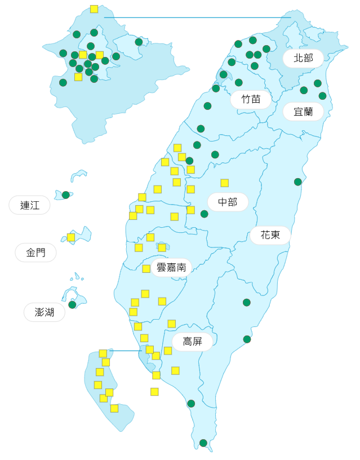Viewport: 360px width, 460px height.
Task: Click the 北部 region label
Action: (303, 58)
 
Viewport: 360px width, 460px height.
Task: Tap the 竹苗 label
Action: (251, 99)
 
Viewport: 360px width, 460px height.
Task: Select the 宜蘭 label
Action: (303, 112)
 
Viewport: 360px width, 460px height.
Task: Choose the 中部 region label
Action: (228, 202)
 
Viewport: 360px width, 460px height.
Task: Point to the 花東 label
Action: (270, 235)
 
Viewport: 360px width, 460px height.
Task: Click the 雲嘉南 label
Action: (171, 267)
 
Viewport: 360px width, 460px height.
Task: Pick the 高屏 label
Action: (192, 342)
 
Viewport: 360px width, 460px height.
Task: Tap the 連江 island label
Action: (29, 205)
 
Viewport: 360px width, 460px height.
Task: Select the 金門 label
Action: (35, 253)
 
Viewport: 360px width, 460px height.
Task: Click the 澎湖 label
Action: (44, 312)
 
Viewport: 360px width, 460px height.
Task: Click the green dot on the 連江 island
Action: (66, 195)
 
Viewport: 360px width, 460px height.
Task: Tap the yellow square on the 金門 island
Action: (71, 237)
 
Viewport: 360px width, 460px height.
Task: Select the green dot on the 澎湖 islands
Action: (72, 305)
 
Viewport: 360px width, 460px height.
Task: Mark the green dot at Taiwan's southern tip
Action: (203, 443)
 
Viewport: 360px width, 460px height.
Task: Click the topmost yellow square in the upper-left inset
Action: (94, 9)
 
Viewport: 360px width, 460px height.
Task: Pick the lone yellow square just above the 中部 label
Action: (225, 183)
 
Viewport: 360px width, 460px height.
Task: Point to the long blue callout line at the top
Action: (197, 17)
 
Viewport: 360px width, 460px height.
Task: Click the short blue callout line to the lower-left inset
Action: (125, 351)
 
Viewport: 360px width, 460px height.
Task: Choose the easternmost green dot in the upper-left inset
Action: (139, 42)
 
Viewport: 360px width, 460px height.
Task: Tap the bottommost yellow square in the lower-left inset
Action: (114, 408)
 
